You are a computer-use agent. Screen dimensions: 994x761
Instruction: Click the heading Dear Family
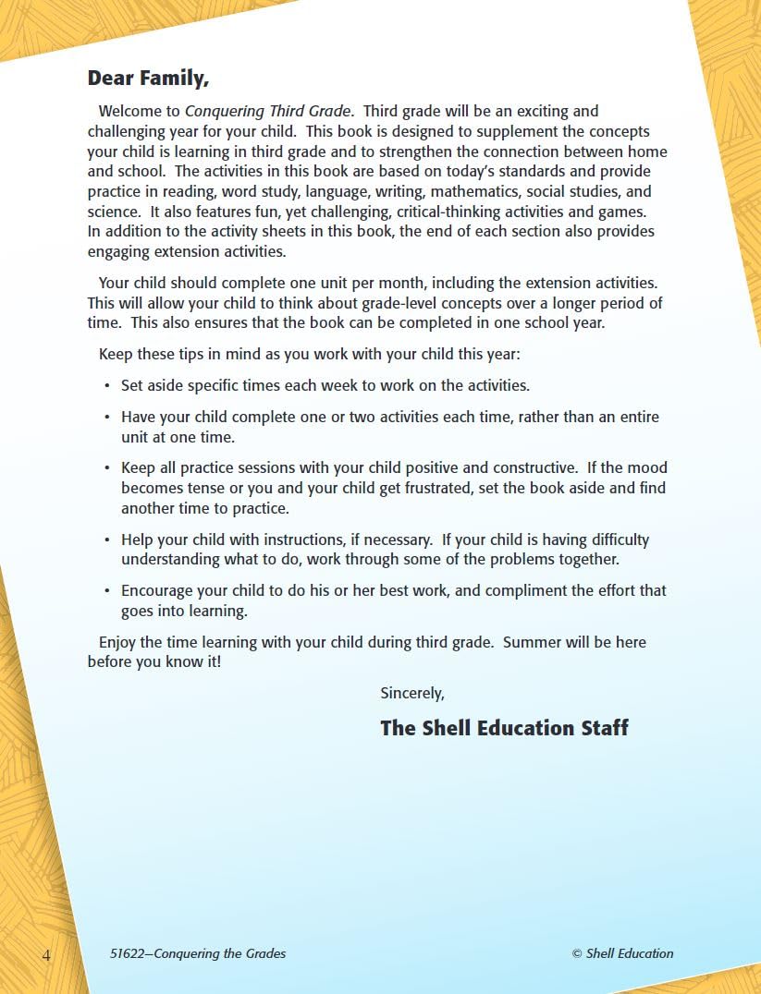pos(148,79)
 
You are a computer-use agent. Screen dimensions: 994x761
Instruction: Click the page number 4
pos(46,954)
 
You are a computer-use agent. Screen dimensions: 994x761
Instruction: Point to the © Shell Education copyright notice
pos(622,953)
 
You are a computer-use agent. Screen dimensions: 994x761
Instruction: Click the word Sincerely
pos(412,693)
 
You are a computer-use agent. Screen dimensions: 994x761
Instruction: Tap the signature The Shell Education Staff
pos(504,728)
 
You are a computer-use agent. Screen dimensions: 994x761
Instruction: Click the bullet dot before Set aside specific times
pos(108,386)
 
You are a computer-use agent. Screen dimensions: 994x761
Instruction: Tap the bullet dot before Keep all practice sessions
pos(108,468)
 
